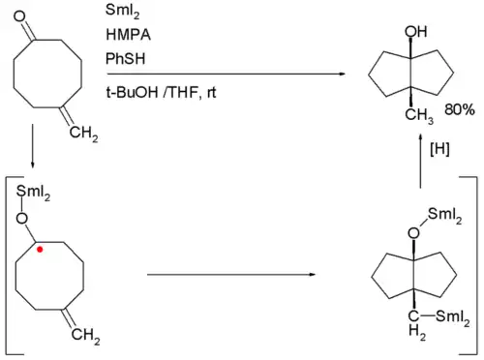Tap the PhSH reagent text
(121, 58)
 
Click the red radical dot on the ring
(40, 249)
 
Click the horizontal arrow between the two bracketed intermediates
(232, 275)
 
